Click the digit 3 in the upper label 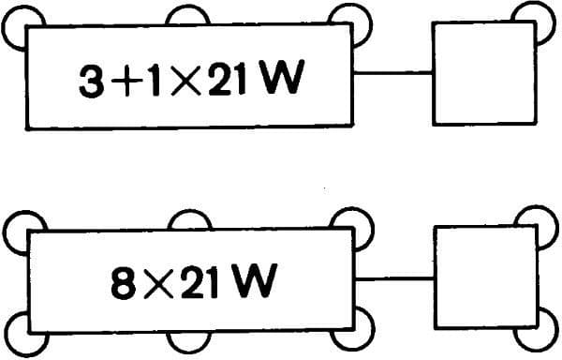[x=94, y=82]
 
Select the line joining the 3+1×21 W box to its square [x=392, y=73]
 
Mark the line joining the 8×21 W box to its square [x=392, y=277]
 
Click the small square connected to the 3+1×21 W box [x=483, y=73]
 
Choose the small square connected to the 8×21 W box [x=483, y=277]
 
